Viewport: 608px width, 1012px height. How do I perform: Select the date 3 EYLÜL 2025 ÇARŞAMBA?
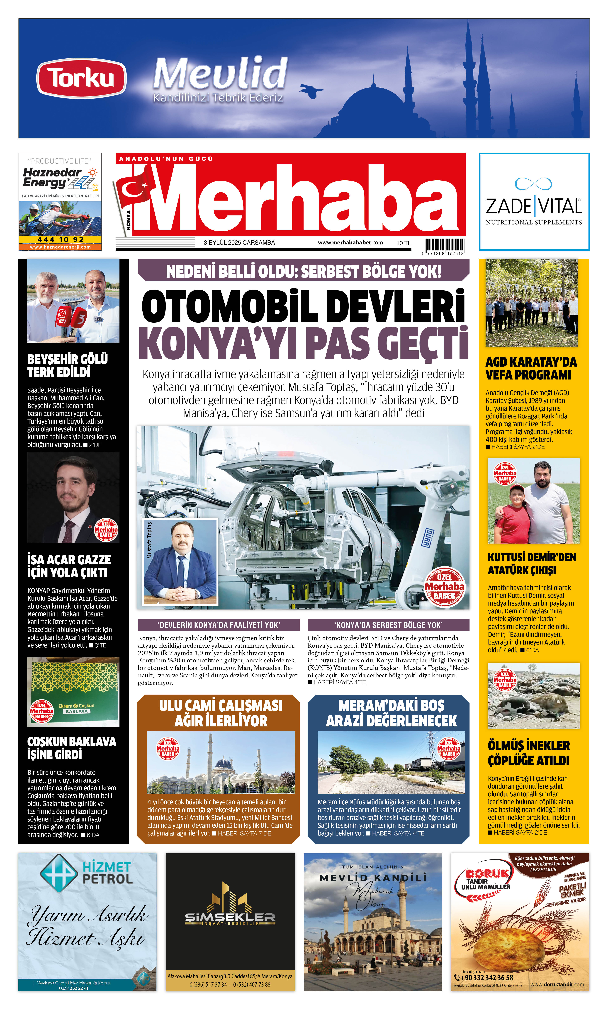tap(239, 243)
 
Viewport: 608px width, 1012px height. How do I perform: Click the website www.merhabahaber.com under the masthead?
tap(350, 243)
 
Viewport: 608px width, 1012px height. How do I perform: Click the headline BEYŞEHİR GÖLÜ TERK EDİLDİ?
tap(68, 365)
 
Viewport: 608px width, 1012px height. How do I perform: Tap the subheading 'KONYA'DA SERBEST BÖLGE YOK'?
tap(388, 625)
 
